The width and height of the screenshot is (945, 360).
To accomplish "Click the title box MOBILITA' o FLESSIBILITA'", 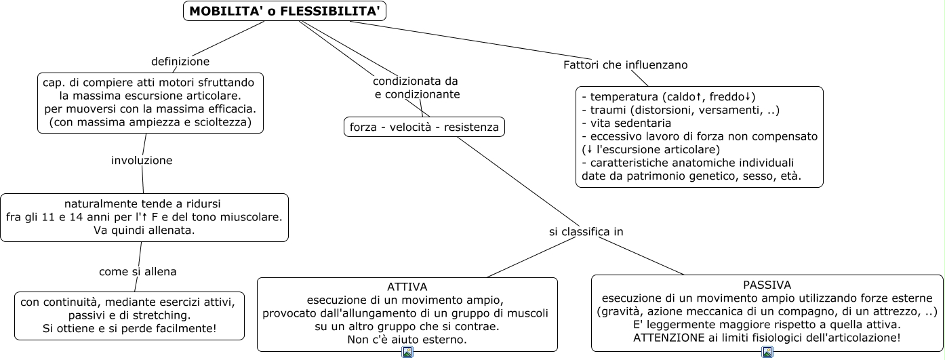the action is point(284,11).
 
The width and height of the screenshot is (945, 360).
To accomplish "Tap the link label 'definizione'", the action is point(180,62).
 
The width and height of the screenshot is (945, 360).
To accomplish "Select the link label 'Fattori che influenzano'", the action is point(625,65).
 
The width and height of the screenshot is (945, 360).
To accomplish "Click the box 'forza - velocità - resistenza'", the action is point(424,127).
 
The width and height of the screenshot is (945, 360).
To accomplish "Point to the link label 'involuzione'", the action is point(142,161).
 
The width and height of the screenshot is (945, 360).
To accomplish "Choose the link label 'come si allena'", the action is point(138,271).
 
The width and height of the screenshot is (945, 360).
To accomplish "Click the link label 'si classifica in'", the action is point(586,232).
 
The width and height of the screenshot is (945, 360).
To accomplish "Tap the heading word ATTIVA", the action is point(407,287).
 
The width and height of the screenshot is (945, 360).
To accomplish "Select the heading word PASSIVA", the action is point(767,285).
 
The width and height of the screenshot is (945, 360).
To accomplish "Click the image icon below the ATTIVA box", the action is point(407,352).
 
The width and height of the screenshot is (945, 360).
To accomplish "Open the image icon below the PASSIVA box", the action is point(767,352).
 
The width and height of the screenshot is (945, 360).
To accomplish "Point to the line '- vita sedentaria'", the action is point(626,123).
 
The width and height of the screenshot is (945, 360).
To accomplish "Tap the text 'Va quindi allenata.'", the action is point(144,231).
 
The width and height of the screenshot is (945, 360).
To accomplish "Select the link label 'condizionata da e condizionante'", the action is point(416,87).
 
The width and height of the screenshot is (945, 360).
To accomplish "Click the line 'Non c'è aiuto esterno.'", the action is point(407,340).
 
